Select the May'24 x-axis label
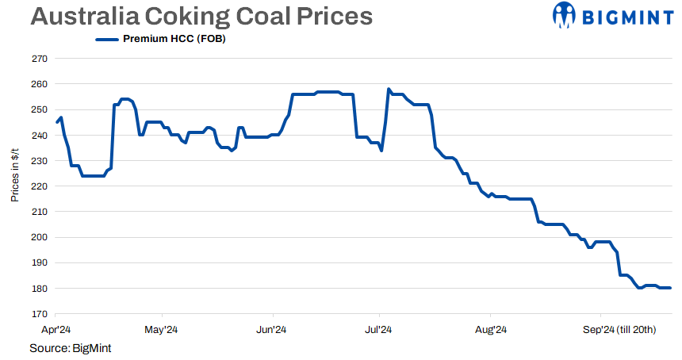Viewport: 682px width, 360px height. point(161,329)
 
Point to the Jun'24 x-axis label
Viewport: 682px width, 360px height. point(272,329)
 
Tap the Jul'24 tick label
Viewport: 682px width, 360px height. point(379,329)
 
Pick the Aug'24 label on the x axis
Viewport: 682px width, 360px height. point(490,329)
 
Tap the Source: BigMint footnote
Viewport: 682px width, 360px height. point(70,348)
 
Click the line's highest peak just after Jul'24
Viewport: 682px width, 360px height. point(389,90)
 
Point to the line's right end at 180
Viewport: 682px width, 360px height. point(670,288)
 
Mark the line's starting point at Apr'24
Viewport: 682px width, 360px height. point(57,122)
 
